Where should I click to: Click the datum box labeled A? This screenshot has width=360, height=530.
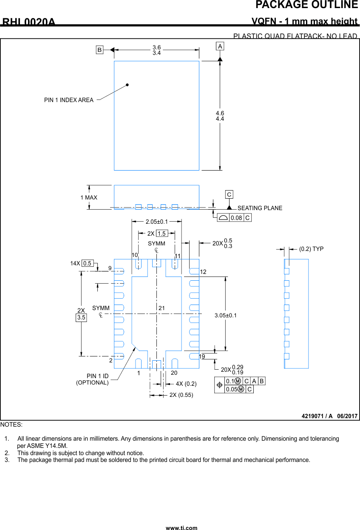click(x=220, y=46)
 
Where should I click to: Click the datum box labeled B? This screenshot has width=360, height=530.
click(x=99, y=50)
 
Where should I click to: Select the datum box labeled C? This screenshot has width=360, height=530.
click(x=229, y=194)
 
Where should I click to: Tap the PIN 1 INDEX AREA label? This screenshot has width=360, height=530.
click(x=68, y=100)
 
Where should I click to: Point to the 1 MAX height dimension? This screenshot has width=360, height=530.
click(x=88, y=197)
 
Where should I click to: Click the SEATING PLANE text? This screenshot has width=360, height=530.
click(x=260, y=208)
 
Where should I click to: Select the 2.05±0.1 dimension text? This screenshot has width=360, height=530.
click(x=156, y=222)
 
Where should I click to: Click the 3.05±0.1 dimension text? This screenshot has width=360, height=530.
click(x=226, y=315)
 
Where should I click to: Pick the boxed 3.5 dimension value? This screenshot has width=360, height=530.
click(x=81, y=317)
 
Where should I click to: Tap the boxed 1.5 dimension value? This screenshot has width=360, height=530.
click(x=162, y=234)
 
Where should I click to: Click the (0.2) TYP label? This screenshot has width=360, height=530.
click(x=311, y=249)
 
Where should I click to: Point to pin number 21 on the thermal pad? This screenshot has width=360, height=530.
click(x=162, y=308)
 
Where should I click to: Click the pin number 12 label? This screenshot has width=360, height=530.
click(x=203, y=272)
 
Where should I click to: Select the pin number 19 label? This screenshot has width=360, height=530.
click(x=202, y=356)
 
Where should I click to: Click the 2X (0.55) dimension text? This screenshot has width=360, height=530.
click(x=181, y=395)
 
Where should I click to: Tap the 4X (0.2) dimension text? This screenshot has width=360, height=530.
click(x=186, y=384)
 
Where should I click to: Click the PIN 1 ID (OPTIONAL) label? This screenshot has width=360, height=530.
click(x=92, y=379)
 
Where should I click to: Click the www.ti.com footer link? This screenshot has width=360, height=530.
click(x=181, y=528)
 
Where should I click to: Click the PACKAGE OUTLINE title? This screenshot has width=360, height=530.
click(x=306, y=5)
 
